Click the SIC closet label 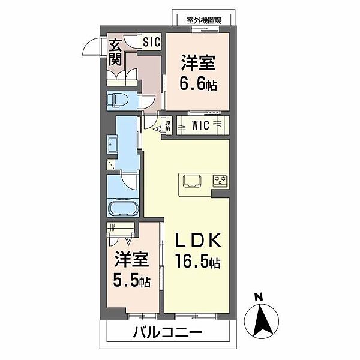tap(151, 43)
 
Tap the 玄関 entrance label tap(115, 52)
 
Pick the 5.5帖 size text tap(130, 280)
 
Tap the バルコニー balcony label tap(168, 332)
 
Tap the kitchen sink tap(190, 181)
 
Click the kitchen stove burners tap(219, 180)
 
